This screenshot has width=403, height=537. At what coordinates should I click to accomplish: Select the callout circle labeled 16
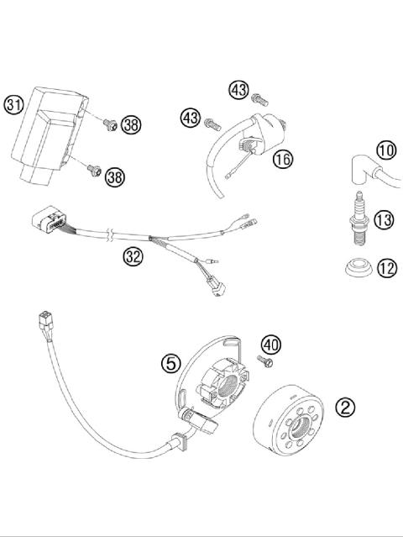coord(283,157)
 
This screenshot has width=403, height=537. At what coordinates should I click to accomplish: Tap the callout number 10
coord(385,151)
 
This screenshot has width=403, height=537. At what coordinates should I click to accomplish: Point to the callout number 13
coord(384,220)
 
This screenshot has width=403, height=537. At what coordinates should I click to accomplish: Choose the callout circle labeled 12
coord(386,269)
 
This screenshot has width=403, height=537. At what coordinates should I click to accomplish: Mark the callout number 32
coord(133,256)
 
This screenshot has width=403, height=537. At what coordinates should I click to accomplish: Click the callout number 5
coord(170,363)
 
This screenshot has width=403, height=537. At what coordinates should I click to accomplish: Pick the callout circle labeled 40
coord(270,344)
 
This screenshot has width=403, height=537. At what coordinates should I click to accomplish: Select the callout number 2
coord(345,407)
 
